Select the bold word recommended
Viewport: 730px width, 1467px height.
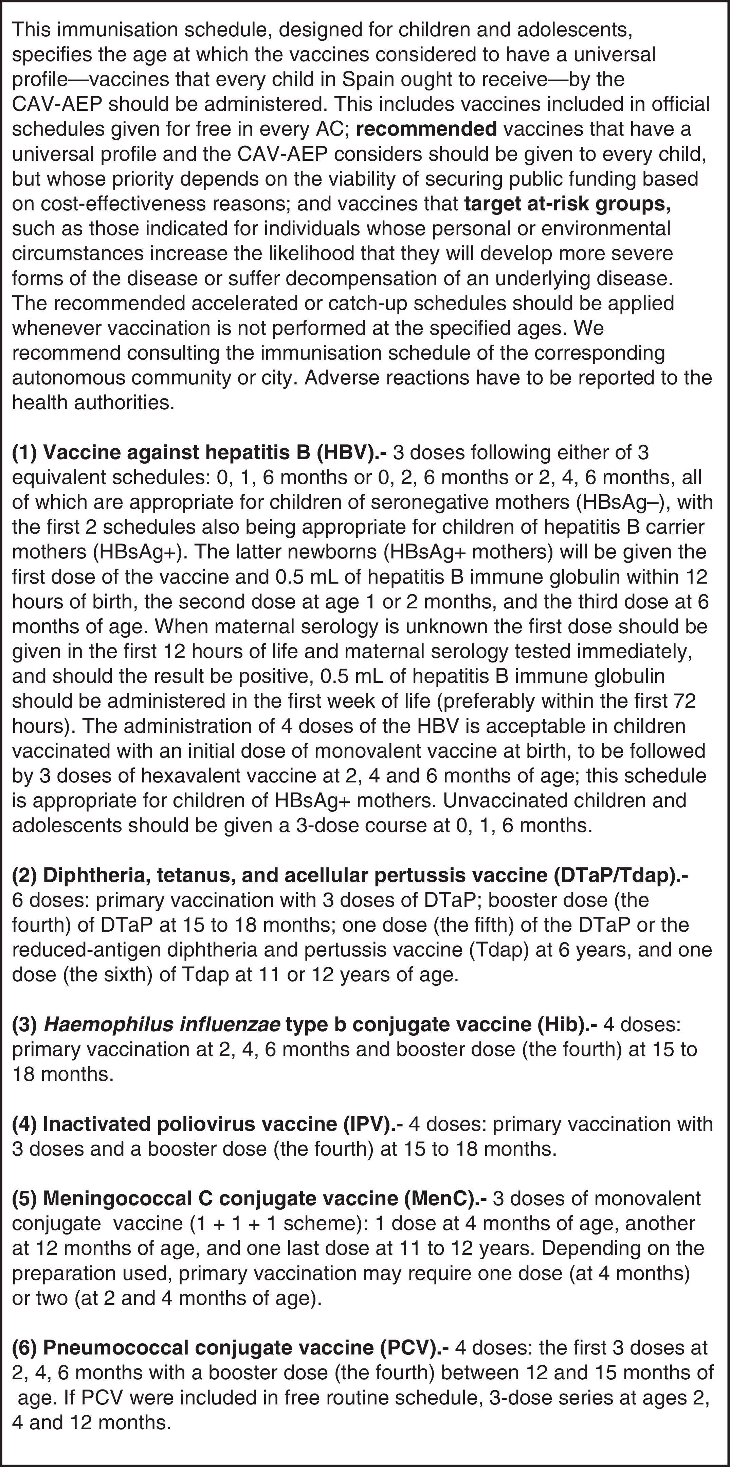427,129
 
